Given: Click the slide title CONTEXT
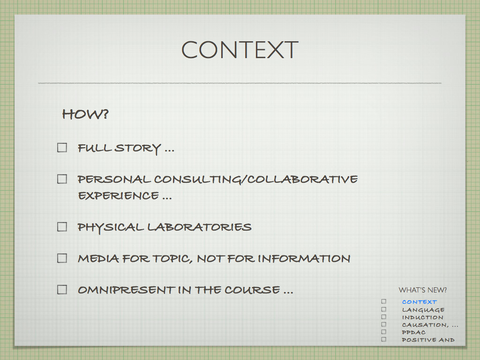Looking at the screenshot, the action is [240, 50].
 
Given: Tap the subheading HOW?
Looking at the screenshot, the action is [85, 114].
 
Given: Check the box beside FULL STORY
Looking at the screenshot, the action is [62, 148].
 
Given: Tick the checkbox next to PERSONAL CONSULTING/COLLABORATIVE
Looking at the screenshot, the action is [62, 179].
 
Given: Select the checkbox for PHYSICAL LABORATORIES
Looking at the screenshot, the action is [62, 227].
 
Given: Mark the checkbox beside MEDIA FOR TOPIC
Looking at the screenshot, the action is [62, 258].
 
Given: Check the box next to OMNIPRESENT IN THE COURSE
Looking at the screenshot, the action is [62, 290].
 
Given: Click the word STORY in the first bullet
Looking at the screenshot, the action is [138, 149].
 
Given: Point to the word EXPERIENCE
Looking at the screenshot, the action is [119, 195].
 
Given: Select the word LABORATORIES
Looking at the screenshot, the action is [199, 227].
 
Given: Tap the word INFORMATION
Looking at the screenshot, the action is [304, 259].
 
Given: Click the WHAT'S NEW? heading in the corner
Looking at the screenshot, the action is [422, 290].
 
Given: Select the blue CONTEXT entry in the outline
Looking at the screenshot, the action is [420, 302].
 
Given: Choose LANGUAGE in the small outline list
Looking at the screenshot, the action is [423, 310].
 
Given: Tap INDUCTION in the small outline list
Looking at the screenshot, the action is [422, 317].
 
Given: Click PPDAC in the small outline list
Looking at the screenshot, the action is [413, 332].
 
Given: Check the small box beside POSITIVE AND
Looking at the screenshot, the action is [383, 339].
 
